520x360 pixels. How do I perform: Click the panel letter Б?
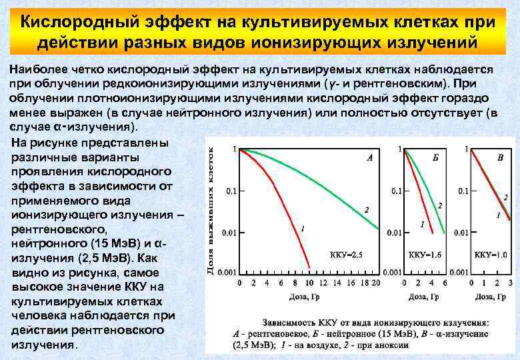435,157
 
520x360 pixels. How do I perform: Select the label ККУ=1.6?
425,255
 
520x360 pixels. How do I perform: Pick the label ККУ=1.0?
491,255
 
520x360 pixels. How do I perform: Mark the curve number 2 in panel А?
366,209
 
